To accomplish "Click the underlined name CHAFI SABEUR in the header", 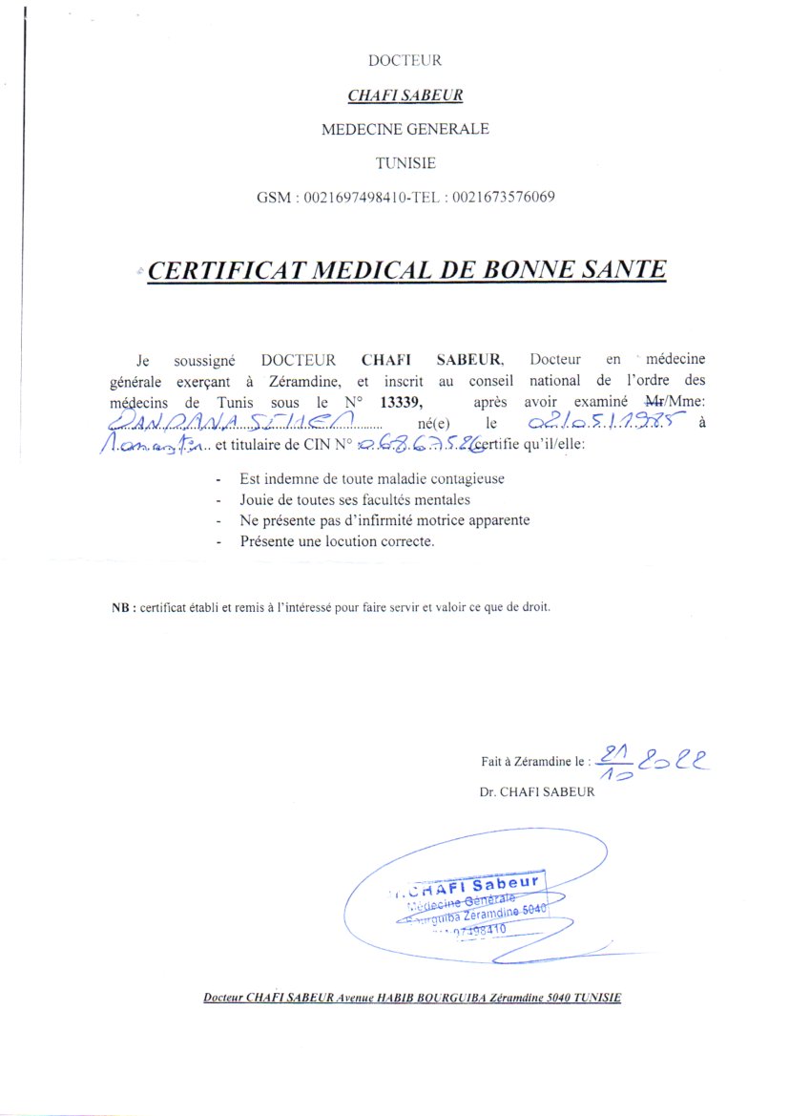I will tap(405, 95).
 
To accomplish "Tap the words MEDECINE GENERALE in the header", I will tap(405, 129).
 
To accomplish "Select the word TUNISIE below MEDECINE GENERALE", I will tap(405, 163).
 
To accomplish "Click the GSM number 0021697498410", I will tap(348, 198).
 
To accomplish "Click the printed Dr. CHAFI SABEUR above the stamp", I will tap(538, 791).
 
